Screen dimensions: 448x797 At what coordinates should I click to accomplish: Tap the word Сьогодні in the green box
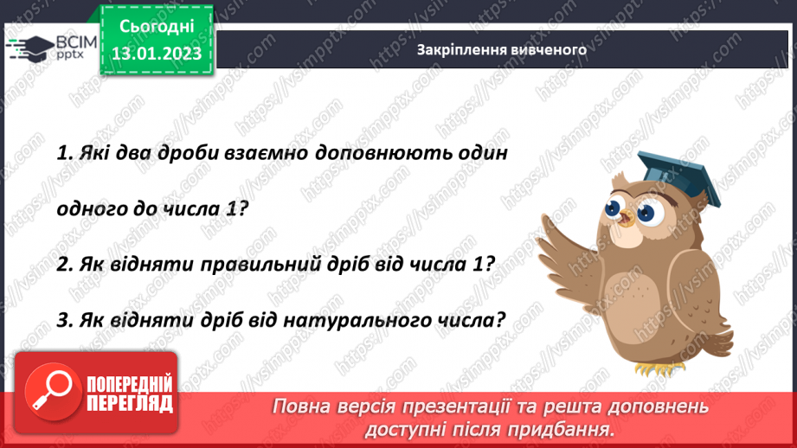[157, 28]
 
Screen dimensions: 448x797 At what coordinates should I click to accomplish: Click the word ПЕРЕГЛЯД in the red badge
[129, 403]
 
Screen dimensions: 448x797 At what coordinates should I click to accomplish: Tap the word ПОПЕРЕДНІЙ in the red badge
[129, 384]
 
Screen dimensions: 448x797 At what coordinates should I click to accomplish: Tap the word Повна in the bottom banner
[302, 406]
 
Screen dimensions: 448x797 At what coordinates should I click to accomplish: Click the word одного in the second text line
[89, 209]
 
